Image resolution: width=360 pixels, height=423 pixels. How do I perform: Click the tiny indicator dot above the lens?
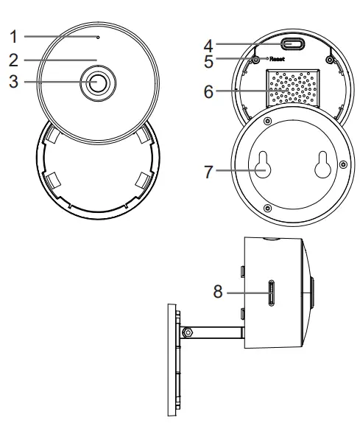coord(98,35)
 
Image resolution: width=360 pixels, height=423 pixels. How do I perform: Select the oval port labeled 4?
coord(294,44)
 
